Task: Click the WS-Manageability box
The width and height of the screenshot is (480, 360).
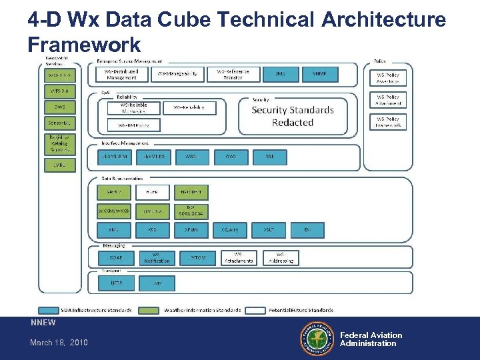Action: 177,75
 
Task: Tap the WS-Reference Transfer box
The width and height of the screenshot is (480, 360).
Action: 229,75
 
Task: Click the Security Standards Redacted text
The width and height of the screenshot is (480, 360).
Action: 292,116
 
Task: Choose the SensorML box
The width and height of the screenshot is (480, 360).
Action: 59,123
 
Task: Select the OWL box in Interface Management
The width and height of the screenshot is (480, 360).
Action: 231,157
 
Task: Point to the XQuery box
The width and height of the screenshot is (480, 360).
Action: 230,229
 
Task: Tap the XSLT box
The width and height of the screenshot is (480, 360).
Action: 268,229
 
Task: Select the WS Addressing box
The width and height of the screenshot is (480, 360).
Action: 280,257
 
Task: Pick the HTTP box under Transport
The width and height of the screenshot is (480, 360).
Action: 116,283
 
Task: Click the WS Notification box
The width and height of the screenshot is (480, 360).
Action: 156,257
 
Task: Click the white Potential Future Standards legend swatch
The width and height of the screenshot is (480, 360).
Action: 256,310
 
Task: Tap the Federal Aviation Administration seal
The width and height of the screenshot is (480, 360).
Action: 316,339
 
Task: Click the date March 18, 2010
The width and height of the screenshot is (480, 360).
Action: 59,343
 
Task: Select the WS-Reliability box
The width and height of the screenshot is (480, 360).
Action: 189,107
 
